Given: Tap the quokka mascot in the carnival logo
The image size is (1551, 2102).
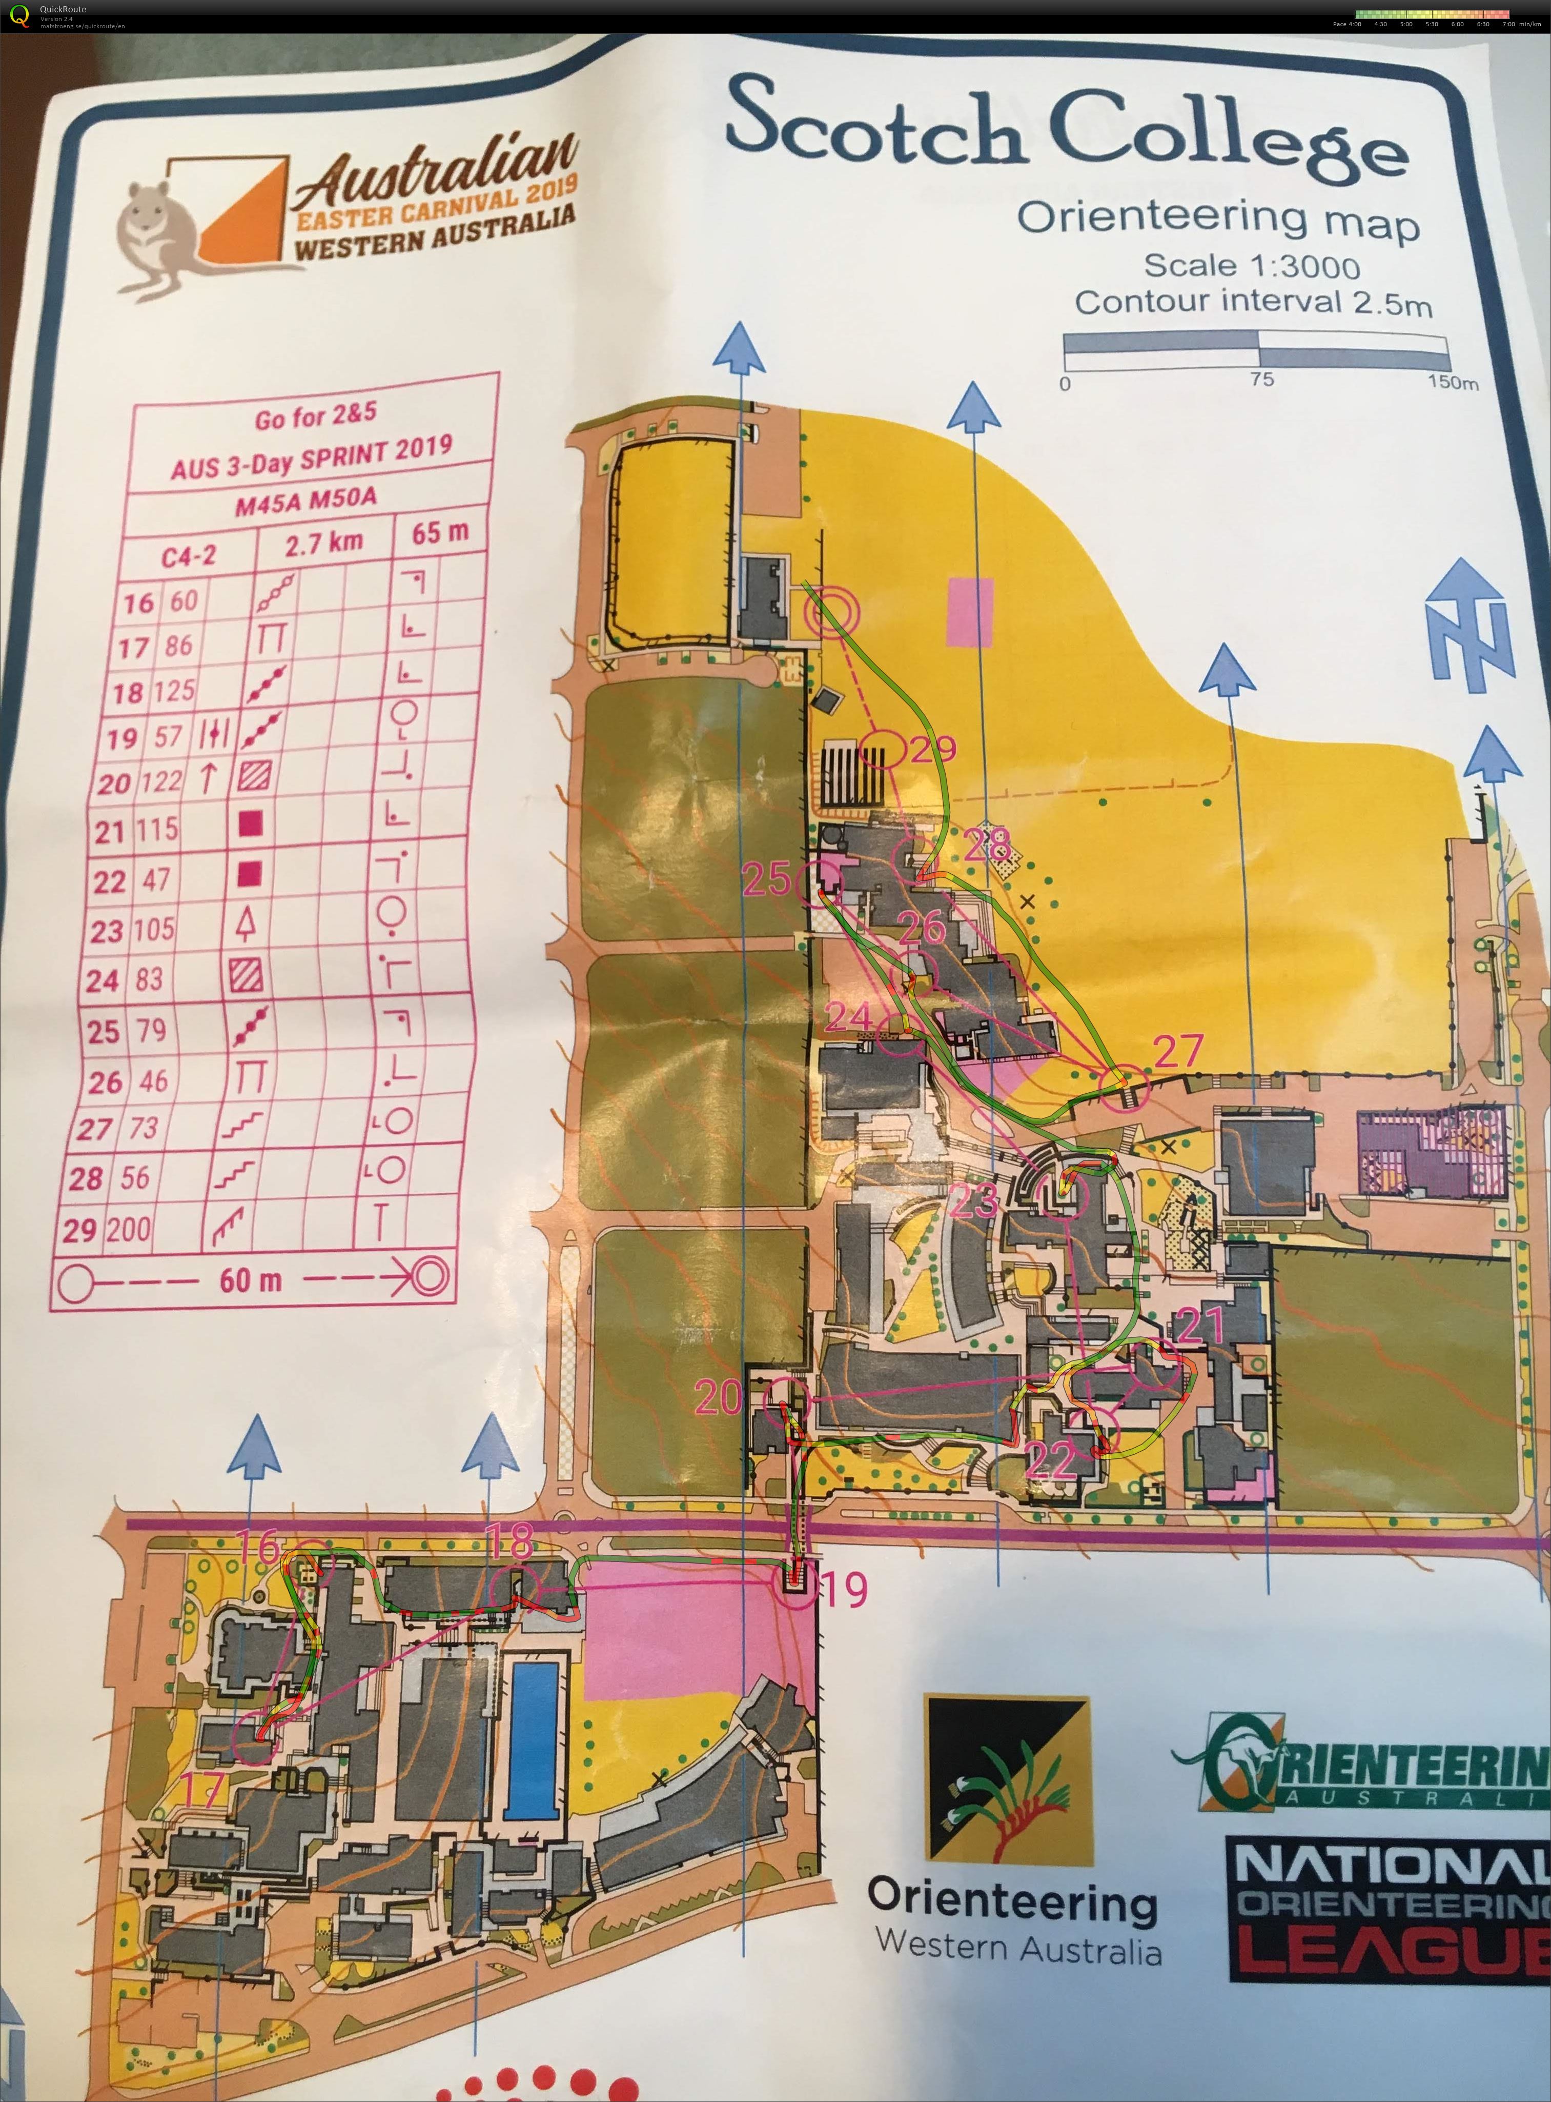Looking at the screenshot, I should tap(150, 235).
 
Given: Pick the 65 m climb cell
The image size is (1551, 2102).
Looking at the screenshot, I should tap(439, 532).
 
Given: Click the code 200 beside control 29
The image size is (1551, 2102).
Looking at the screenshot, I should tap(128, 1229).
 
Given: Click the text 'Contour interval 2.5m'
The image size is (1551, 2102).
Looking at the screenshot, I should tap(1253, 303).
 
